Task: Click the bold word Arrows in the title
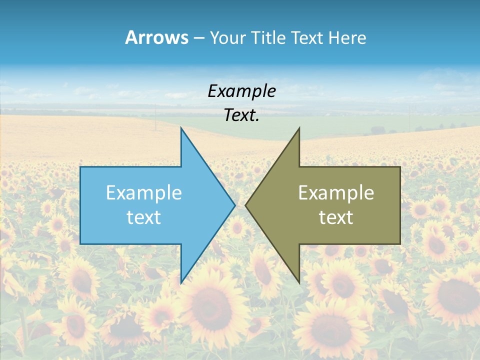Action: click(156, 37)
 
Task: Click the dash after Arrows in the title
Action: click(198, 38)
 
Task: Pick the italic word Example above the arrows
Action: click(241, 91)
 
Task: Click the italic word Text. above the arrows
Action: click(241, 115)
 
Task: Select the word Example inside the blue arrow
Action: click(144, 193)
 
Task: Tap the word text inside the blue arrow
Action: click(144, 217)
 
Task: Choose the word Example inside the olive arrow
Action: click(336, 193)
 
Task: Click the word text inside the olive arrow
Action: click(336, 217)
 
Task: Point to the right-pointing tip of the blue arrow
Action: click(234, 205)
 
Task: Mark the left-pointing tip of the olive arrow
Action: click(245, 205)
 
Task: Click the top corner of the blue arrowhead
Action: click(181, 128)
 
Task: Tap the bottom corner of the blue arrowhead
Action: click(181, 282)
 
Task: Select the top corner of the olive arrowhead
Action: click(299, 128)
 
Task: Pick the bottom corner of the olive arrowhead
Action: click(299, 282)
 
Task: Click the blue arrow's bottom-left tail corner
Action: click(80, 243)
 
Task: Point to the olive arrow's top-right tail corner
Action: click(400, 167)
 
